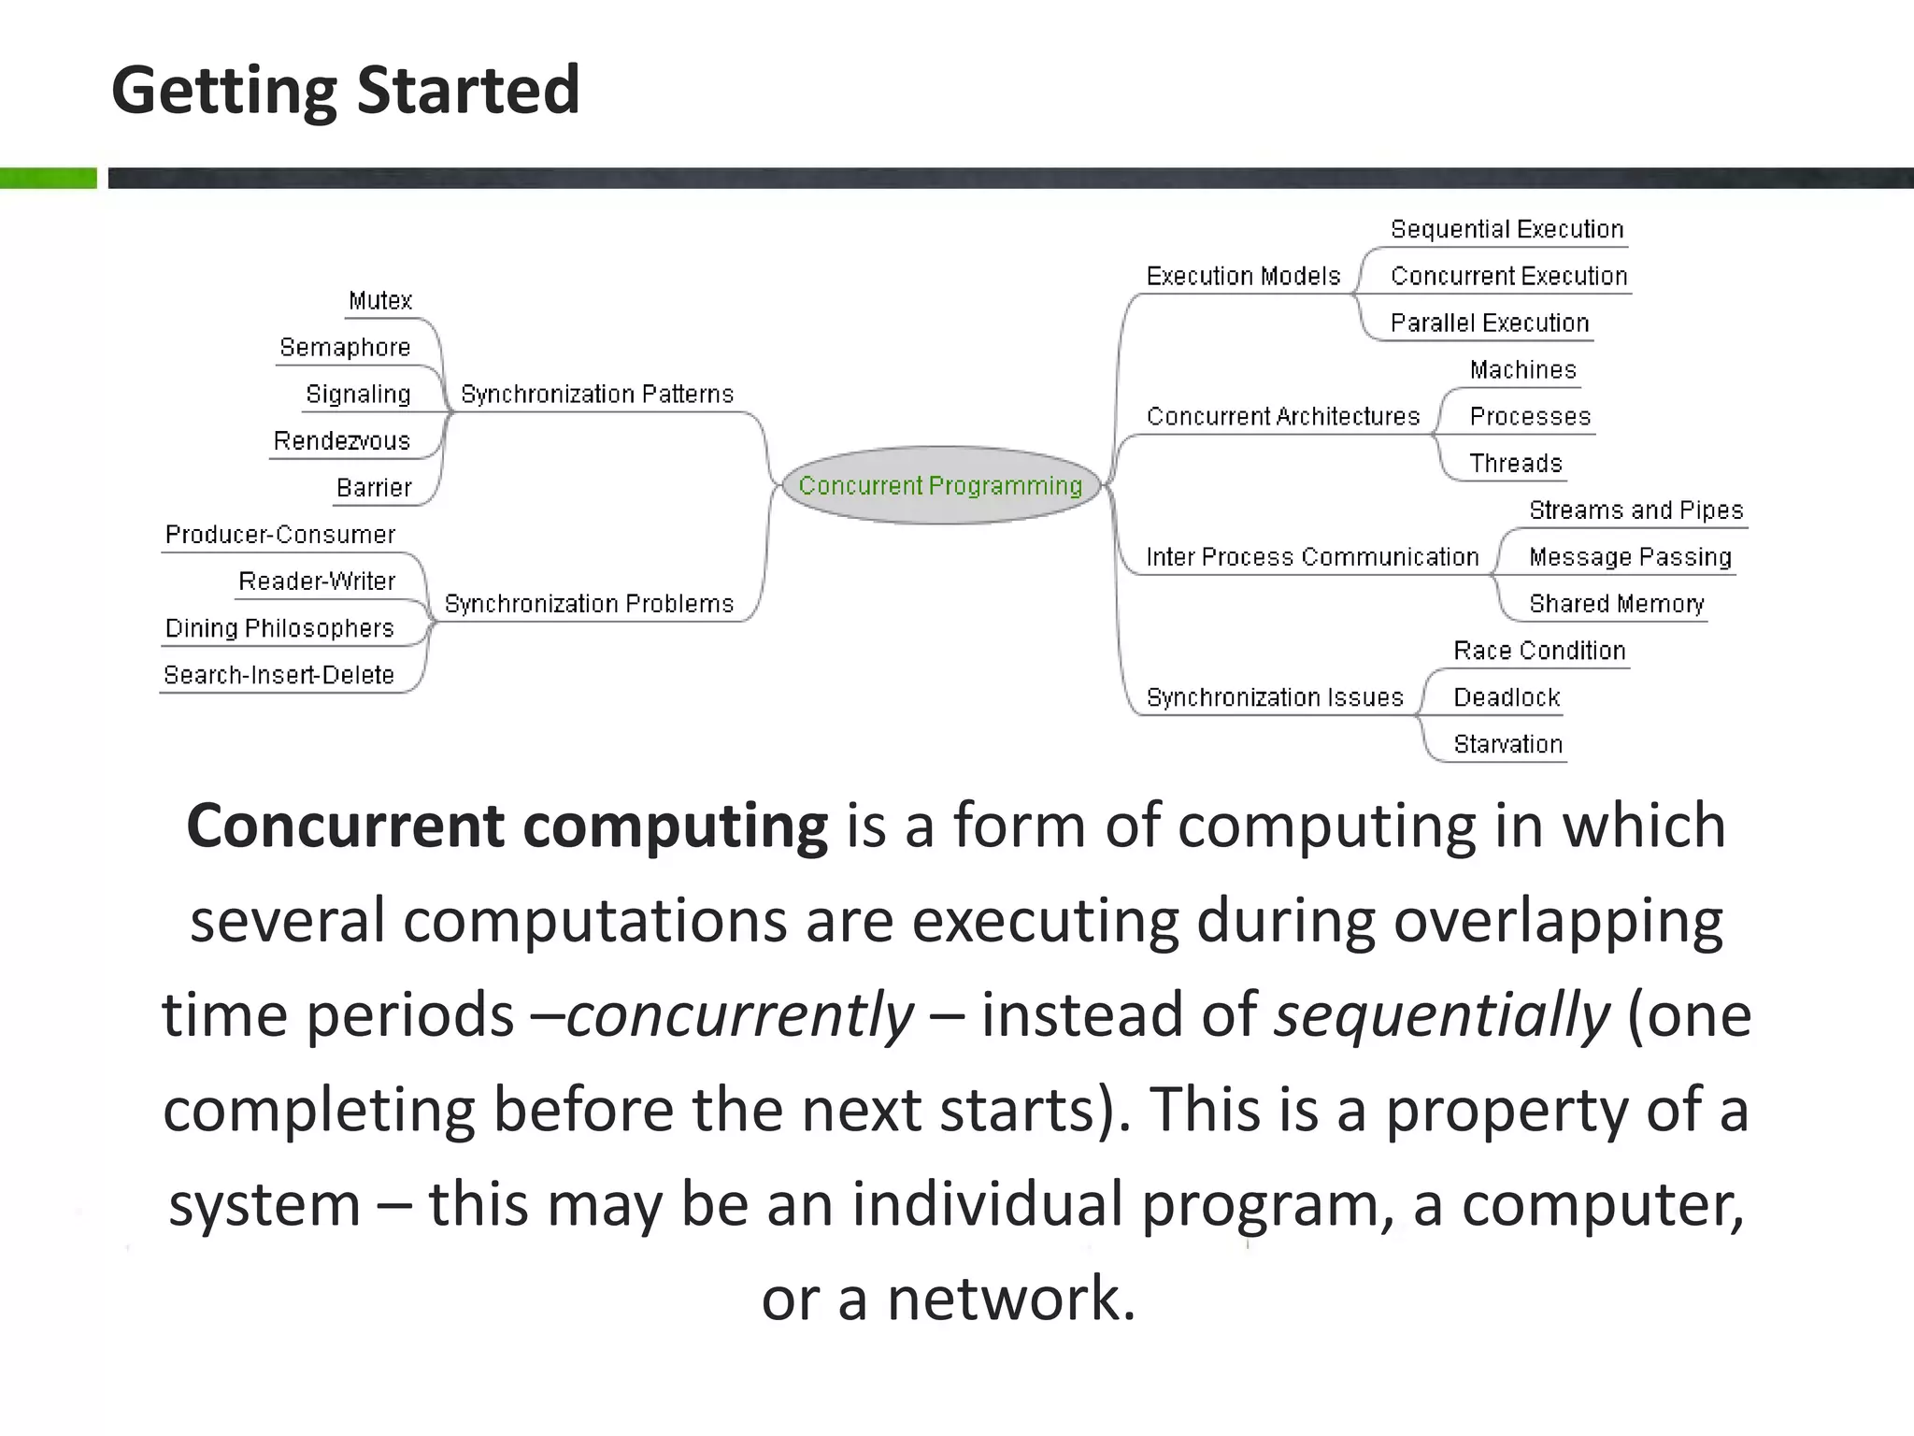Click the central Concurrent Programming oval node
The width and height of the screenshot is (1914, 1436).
click(x=940, y=485)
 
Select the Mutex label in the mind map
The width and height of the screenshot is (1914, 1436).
click(x=379, y=300)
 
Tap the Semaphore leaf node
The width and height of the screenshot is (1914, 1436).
click(x=345, y=347)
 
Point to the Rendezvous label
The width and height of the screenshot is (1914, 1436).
click(x=341, y=440)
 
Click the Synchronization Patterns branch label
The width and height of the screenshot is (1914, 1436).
click(x=597, y=394)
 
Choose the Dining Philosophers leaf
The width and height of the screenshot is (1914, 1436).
click(x=279, y=627)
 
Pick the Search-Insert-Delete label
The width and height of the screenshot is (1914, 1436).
click(x=279, y=674)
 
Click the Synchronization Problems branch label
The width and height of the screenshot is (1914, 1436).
click(x=589, y=603)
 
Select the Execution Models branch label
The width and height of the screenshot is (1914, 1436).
click(x=1243, y=276)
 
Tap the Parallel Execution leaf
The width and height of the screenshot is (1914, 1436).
click(x=1490, y=323)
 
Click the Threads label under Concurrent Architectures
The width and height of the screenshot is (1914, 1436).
click(x=1515, y=463)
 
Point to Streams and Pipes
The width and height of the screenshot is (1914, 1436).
click(x=1636, y=510)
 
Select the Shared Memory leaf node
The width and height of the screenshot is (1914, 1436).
click(x=1616, y=603)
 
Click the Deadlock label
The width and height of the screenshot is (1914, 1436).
click(x=1507, y=696)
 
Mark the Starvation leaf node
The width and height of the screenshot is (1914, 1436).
click(x=1507, y=743)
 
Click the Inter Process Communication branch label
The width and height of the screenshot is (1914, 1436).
click(x=1312, y=556)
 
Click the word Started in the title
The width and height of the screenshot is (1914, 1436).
click(x=468, y=90)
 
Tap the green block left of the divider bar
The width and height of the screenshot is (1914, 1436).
click(x=48, y=178)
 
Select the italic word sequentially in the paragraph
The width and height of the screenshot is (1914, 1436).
click(x=1442, y=1014)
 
